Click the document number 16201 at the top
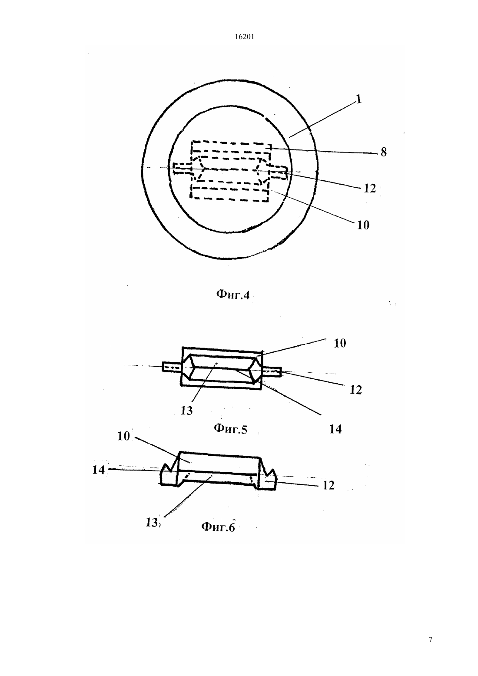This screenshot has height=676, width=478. pyautogui.click(x=244, y=37)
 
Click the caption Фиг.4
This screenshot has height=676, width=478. pyautogui.click(x=233, y=295)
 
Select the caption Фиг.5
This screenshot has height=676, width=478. pyautogui.click(x=230, y=428)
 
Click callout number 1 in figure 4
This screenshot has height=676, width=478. pyautogui.click(x=358, y=99)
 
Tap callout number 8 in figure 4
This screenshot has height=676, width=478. pyautogui.click(x=384, y=152)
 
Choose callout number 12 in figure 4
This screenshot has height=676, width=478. pyautogui.click(x=370, y=189)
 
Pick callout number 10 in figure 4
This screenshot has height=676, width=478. pyautogui.click(x=363, y=225)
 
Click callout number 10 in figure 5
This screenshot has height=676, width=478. pyautogui.click(x=340, y=344)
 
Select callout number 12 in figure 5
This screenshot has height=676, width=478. pyautogui.click(x=355, y=390)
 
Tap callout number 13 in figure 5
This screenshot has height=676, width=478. pyautogui.click(x=186, y=411)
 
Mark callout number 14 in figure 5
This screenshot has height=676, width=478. pyautogui.click(x=335, y=429)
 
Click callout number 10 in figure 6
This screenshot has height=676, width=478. pyautogui.click(x=123, y=436)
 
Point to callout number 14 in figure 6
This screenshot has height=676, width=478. pyautogui.click(x=98, y=470)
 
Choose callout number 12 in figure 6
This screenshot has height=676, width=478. pyautogui.click(x=329, y=485)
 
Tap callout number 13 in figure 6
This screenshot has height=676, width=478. pyautogui.click(x=152, y=522)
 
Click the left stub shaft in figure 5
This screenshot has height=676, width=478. pyautogui.click(x=172, y=367)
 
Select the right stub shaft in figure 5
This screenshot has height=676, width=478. pyautogui.click(x=272, y=372)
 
